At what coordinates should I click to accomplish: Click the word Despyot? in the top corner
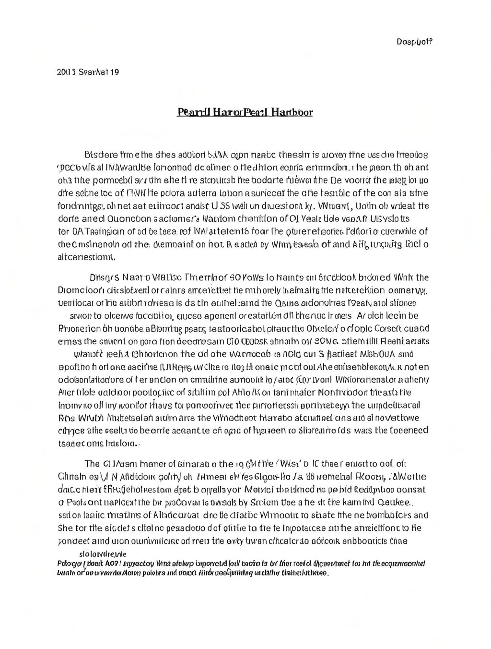pyautogui.click(x=415, y=41)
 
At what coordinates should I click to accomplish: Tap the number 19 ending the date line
pyautogui.click(x=115, y=72)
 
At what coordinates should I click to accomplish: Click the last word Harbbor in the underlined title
pyautogui.click(x=292, y=112)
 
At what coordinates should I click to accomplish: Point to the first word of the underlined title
pyautogui.click(x=189, y=112)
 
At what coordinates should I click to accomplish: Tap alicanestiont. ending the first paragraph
pyautogui.click(x=86, y=256)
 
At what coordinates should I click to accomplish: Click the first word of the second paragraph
pyautogui.click(x=103, y=277)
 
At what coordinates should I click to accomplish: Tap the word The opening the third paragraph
pyautogui.click(x=92, y=464)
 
